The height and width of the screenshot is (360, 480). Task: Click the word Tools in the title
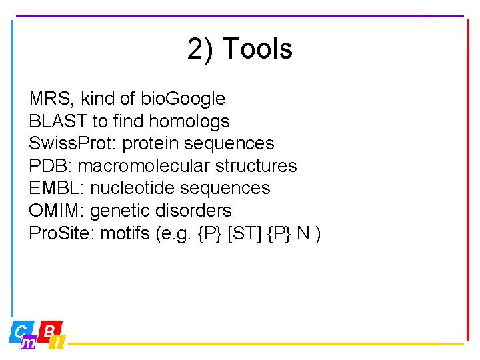[257, 49]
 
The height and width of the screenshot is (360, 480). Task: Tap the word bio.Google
[183, 99]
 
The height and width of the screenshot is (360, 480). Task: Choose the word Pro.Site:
[61, 233]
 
